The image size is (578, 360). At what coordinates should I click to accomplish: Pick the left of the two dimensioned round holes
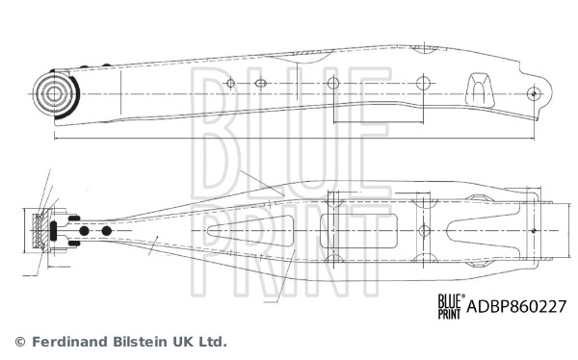[333, 84]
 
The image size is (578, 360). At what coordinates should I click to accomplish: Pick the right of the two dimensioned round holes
[422, 84]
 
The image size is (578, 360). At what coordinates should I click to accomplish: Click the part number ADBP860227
[516, 306]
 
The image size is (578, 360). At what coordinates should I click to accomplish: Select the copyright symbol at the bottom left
[20, 341]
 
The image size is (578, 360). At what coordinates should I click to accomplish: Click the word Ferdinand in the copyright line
[71, 341]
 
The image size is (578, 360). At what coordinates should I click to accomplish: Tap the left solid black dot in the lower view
[85, 231]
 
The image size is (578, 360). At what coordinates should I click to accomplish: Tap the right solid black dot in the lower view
[106, 231]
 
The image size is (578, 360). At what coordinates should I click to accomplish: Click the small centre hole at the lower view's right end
[532, 231]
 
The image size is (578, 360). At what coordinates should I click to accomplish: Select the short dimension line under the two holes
[378, 123]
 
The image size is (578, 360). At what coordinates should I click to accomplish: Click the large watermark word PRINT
[289, 240]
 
